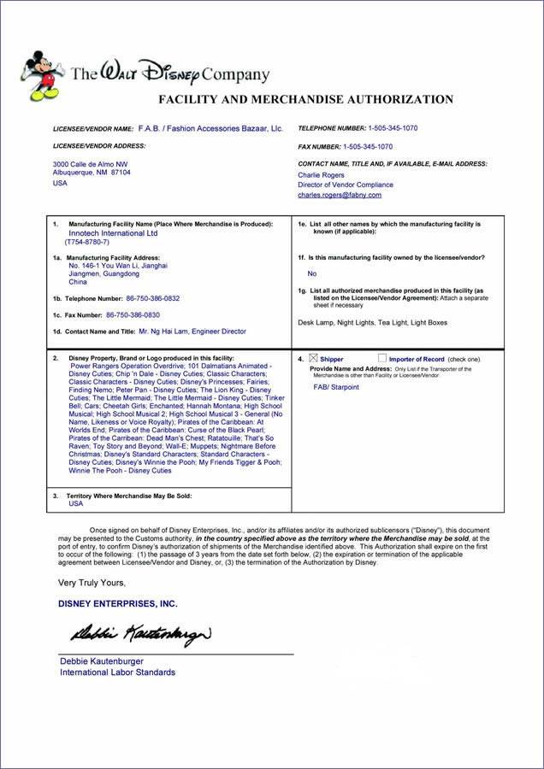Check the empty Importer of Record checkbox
coord(381,358)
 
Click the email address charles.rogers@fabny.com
coord(340,195)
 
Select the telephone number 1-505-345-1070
coord(393,128)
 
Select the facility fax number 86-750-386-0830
coord(133,314)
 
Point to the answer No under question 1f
coord(311,273)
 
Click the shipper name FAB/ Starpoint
coord(337,387)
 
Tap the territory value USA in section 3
coord(76,504)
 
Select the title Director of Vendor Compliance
coord(345,185)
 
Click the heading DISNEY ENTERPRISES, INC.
coord(118,603)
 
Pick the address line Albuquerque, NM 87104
coord(92,172)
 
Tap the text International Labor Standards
coord(117,672)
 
